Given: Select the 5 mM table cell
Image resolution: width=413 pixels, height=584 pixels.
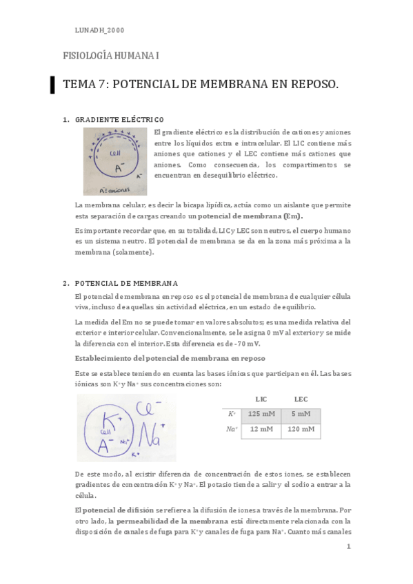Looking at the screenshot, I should [x=301, y=415].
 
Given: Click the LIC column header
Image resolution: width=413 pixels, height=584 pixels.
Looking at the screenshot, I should [x=261, y=399].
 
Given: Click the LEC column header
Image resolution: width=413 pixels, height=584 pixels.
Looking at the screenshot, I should [x=301, y=399].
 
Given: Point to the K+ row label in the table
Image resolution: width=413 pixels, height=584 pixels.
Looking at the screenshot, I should [x=232, y=415].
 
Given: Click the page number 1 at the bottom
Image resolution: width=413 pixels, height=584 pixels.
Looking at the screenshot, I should [x=349, y=547].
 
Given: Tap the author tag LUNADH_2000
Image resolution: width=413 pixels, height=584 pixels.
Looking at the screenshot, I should [x=99, y=30].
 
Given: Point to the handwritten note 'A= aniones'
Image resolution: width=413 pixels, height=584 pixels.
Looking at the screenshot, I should [x=101, y=187].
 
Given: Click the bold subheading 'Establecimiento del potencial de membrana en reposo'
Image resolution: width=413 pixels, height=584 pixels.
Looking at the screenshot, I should [x=170, y=358].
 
